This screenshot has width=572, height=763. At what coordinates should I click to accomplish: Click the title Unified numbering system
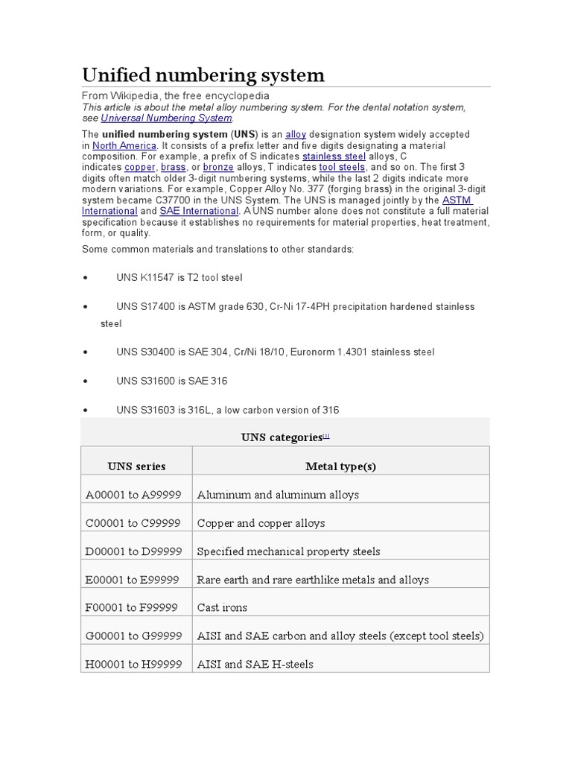203,75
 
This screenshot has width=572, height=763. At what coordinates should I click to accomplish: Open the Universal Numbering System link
167,118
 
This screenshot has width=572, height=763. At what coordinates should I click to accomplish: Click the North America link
124,145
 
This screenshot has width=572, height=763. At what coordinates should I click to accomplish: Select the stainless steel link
334,156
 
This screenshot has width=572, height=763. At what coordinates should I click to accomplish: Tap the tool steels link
343,168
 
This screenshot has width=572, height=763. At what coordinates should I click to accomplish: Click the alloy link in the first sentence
296,134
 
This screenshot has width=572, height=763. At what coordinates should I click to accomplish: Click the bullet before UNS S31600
87,381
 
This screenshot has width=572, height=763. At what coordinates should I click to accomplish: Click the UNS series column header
136,466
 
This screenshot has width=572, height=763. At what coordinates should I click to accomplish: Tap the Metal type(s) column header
340,466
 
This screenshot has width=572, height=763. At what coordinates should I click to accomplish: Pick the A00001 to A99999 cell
133,495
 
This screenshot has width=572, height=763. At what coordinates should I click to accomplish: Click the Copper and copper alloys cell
261,523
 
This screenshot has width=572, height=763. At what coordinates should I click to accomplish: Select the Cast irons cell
222,607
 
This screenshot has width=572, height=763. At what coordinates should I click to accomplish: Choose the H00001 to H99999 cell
134,664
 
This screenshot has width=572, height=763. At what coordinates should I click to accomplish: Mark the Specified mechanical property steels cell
288,551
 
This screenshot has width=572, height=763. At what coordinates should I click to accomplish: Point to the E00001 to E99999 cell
133,580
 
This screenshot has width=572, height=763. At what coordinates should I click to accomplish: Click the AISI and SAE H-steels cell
255,664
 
